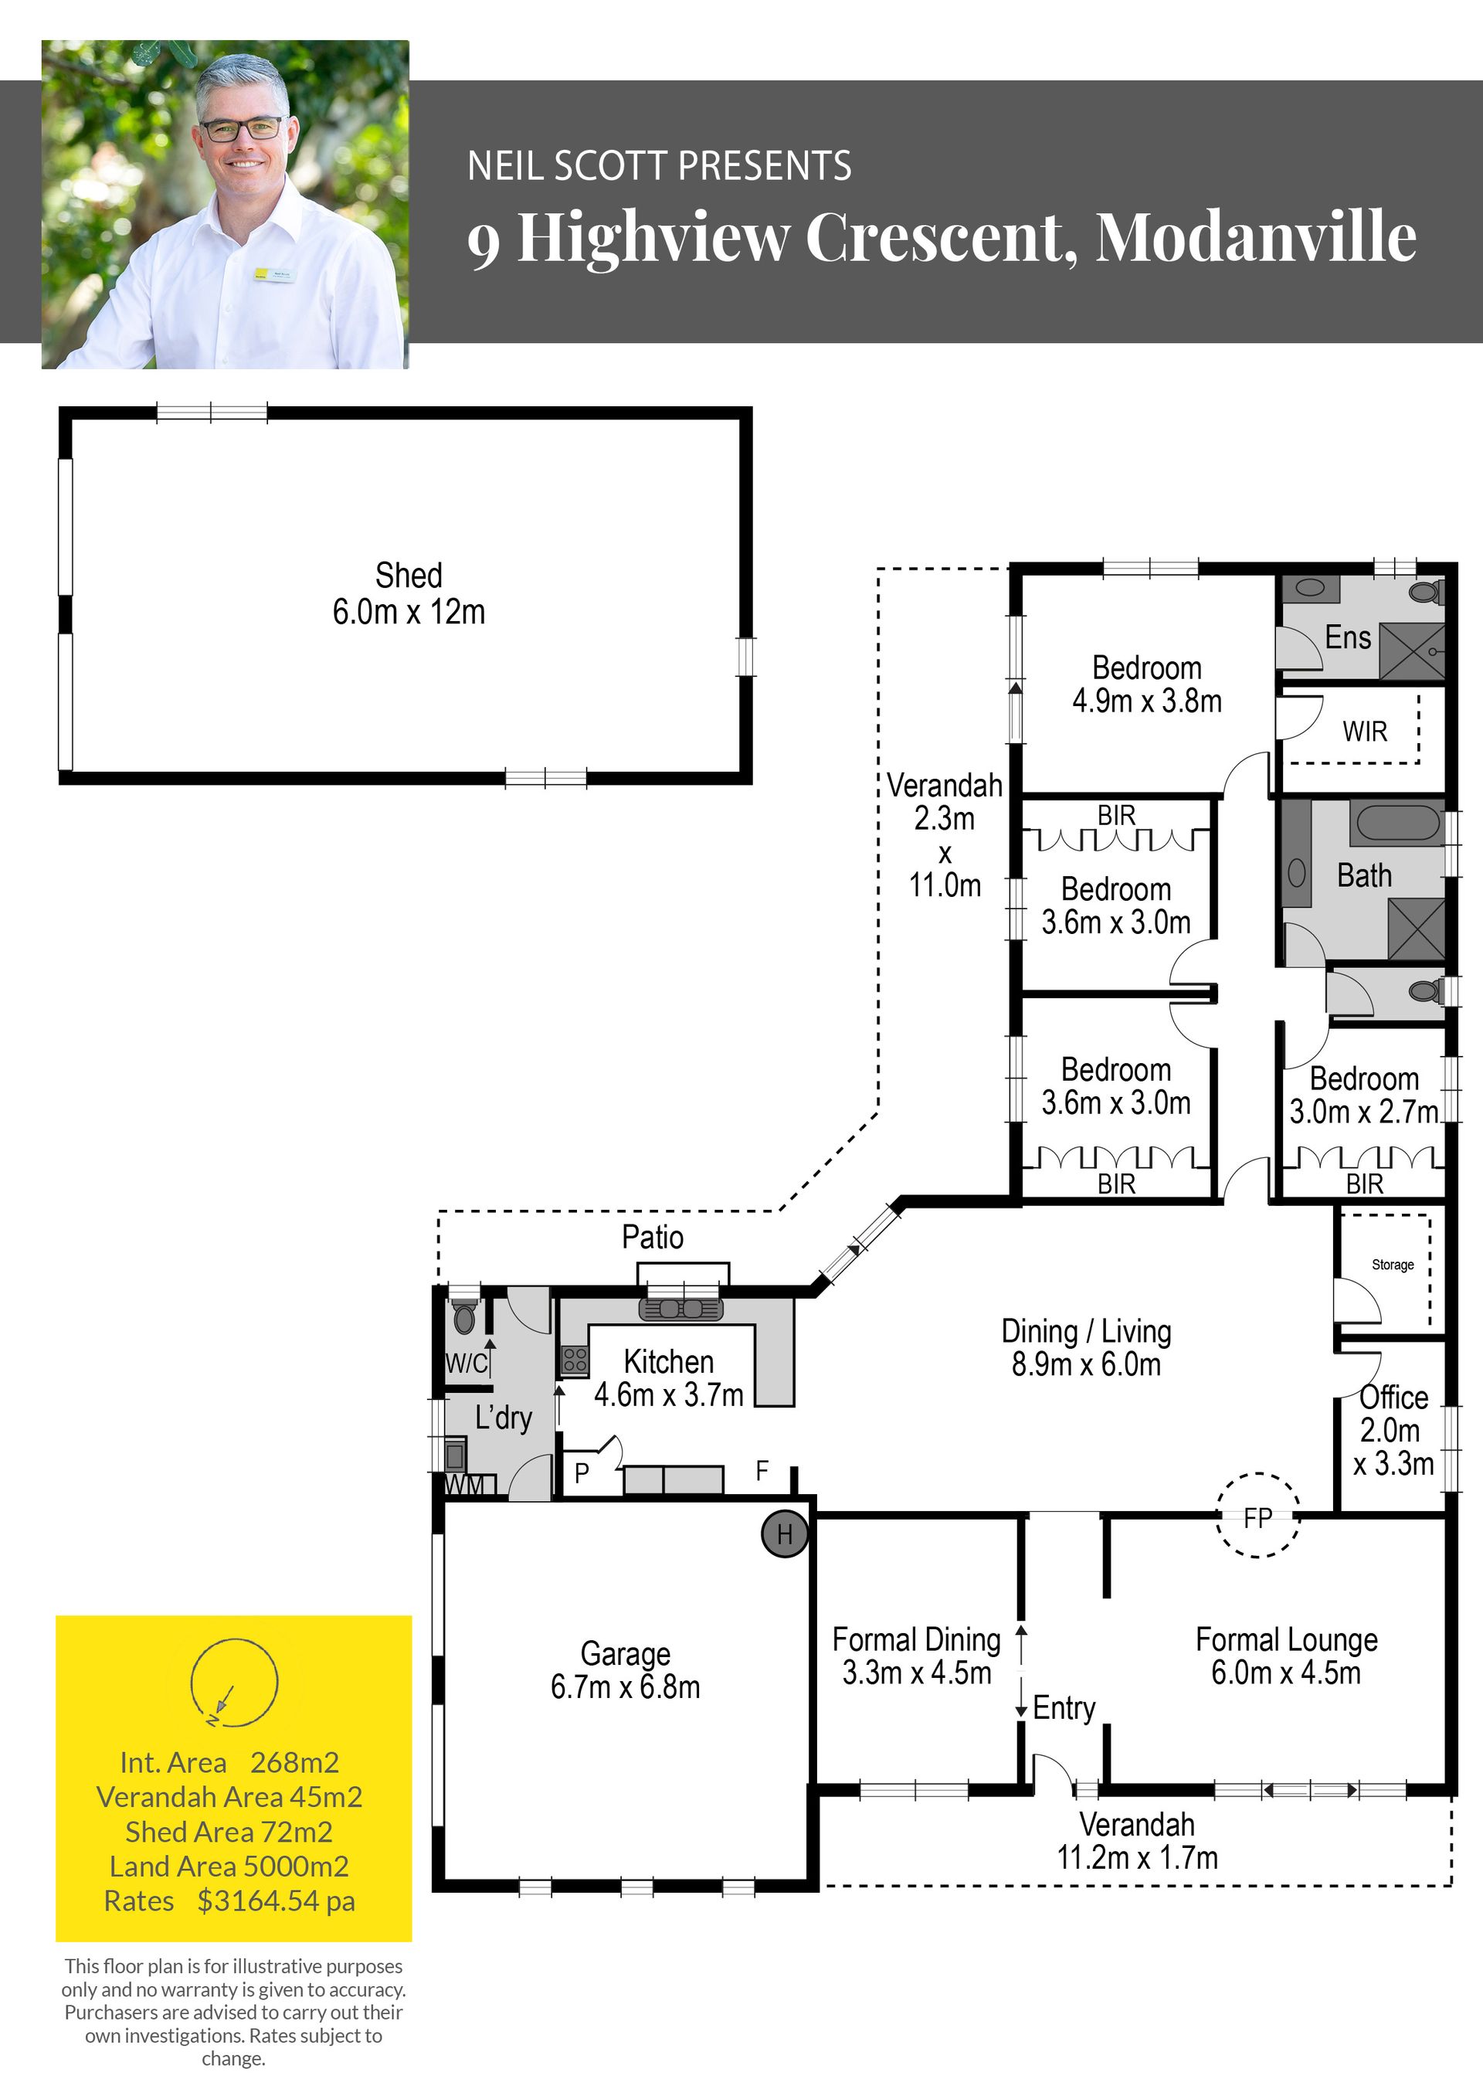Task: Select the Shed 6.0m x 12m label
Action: click(x=409, y=593)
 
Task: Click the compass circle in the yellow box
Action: click(x=234, y=1682)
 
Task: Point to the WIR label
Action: click(x=1364, y=732)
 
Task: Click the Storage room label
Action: click(x=1393, y=1265)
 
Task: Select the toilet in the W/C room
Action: click(x=464, y=1316)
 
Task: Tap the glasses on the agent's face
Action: click(x=243, y=129)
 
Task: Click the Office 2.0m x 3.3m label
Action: click(x=1393, y=1430)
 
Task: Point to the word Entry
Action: click(x=1064, y=1708)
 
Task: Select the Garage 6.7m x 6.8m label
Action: click(x=626, y=1669)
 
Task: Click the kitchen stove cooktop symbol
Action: click(x=574, y=1360)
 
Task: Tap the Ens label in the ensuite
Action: click(x=1348, y=637)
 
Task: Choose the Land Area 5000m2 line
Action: click(x=229, y=1866)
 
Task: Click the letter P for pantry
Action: click(x=582, y=1472)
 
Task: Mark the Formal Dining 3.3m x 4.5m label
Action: click(x=917, y=1656)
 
